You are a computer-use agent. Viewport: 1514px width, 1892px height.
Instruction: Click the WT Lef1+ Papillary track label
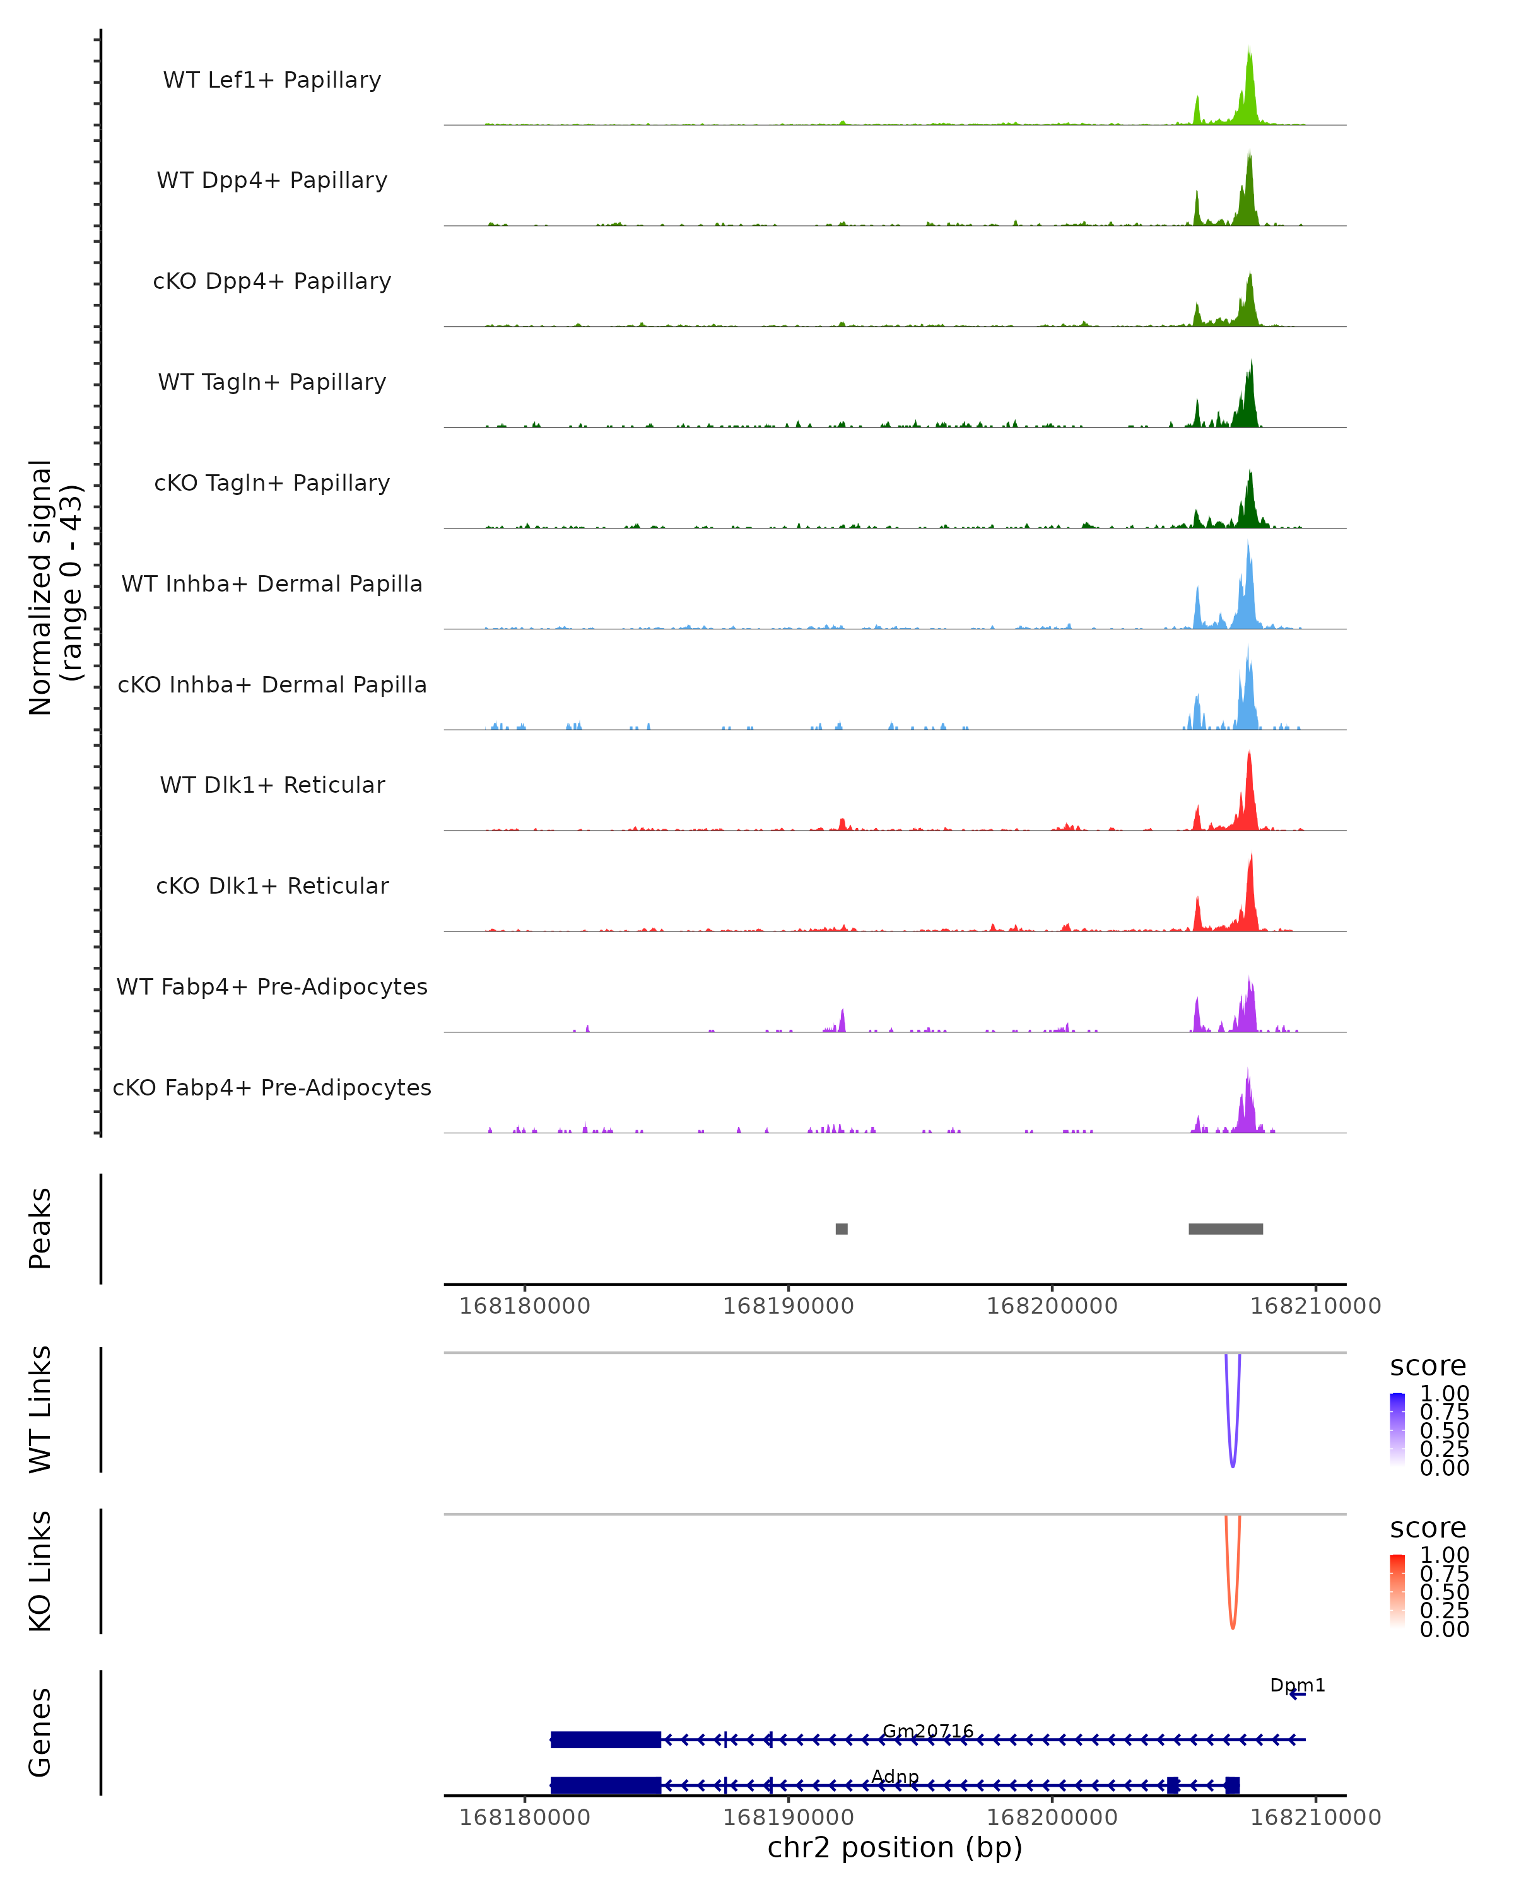(272, 80)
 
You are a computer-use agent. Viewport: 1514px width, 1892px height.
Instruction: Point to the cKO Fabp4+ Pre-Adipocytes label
(272, 1087)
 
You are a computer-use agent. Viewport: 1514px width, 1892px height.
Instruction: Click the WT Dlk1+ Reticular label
(272, 785)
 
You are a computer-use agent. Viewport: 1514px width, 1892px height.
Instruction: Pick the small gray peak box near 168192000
(842, 1229)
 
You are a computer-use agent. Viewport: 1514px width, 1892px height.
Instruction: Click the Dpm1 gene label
(1297, 1685)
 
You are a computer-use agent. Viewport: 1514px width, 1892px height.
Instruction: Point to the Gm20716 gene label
(928, 1731)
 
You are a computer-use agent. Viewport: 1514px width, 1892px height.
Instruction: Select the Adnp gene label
(895, 1776)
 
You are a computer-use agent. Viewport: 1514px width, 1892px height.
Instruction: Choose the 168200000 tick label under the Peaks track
(1052, 1306)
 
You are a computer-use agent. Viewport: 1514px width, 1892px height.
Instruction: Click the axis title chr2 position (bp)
(895, 1848)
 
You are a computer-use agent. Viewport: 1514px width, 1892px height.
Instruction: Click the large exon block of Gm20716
(606, 1739)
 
